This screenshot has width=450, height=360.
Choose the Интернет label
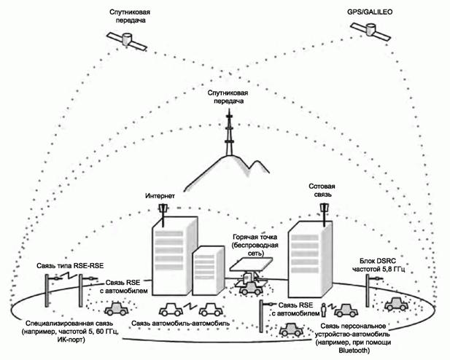click(x=161, y=196)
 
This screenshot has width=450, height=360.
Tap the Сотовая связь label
click(x=322, y=192)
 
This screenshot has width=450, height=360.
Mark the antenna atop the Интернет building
click(x=163, y=212)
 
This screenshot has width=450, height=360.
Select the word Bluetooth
click(x=352, y=351)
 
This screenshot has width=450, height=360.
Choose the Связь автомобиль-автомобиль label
click(x=182, y=322)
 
